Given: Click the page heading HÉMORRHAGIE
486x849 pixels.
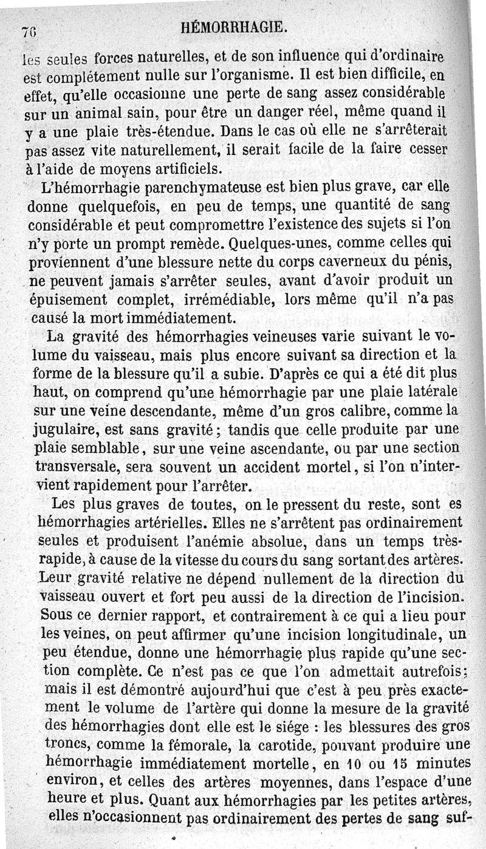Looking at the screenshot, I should coord(234,28).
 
